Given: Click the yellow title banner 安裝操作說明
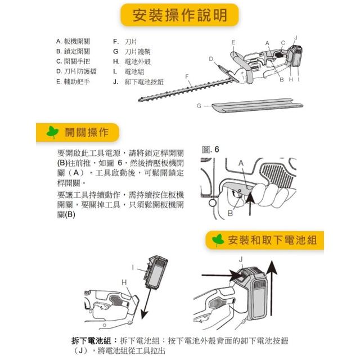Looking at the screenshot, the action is [179, 15].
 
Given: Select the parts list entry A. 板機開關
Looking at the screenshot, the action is [73, 42].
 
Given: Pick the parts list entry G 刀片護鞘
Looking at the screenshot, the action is [132, 52].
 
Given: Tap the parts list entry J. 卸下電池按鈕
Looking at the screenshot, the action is [138, 82].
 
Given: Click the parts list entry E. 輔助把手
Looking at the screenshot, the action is [73, 82].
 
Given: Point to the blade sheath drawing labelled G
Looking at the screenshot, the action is [257, 106].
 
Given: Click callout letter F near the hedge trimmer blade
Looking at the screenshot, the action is [187, 76].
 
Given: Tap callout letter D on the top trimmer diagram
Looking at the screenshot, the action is [211, 59].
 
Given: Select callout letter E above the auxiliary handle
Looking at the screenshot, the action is [233, 42].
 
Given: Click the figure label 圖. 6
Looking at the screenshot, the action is [210, 150].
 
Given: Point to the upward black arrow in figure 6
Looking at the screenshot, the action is [250, 204].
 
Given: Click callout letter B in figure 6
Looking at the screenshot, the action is [230, 213].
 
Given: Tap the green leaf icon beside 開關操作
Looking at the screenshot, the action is [52, 132].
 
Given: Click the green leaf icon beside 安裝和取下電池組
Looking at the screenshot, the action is [218, 240].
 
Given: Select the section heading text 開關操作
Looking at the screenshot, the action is [87, 133].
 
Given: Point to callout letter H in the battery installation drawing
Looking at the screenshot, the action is [124, 282].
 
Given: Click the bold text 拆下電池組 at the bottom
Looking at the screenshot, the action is [91, 341].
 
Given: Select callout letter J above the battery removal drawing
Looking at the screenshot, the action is [241, 259].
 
